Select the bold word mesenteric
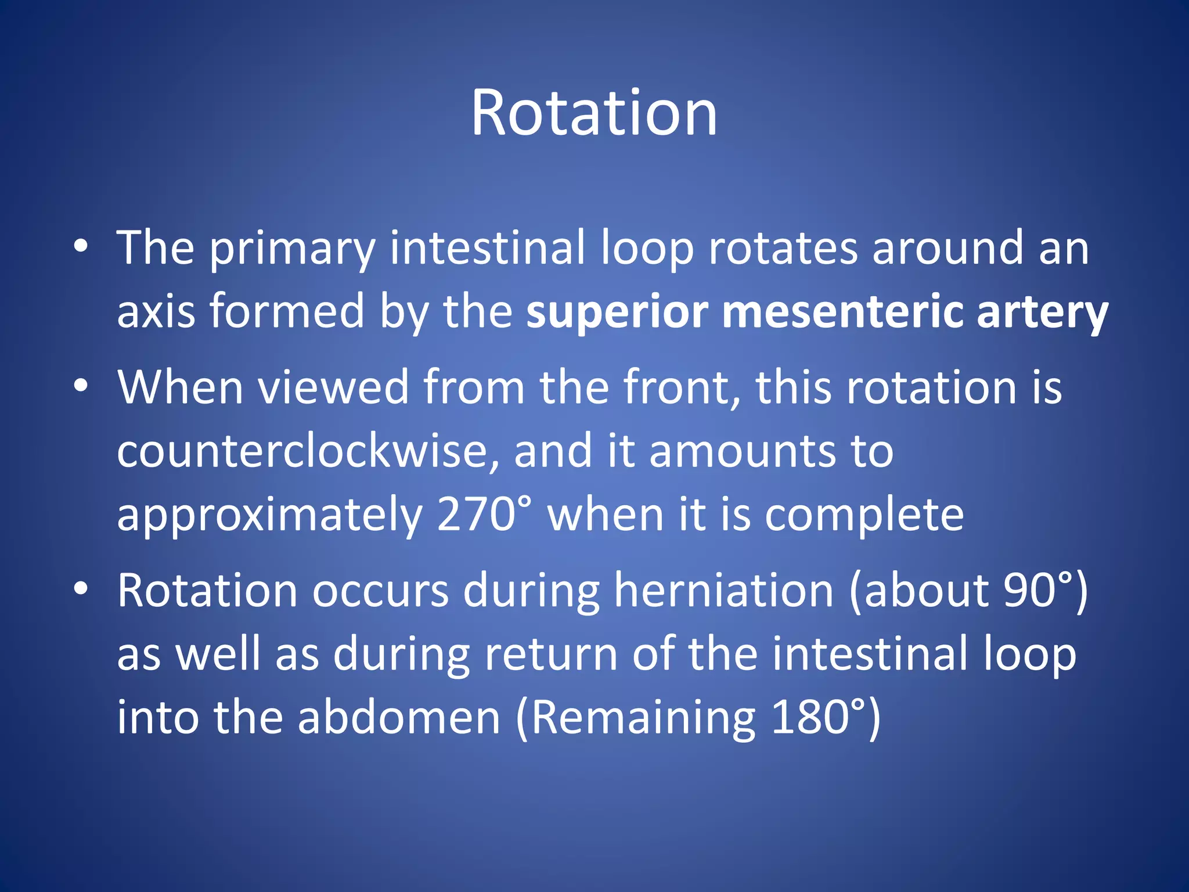[842, 312]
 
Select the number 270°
[484, 515]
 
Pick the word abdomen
[399, 718]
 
